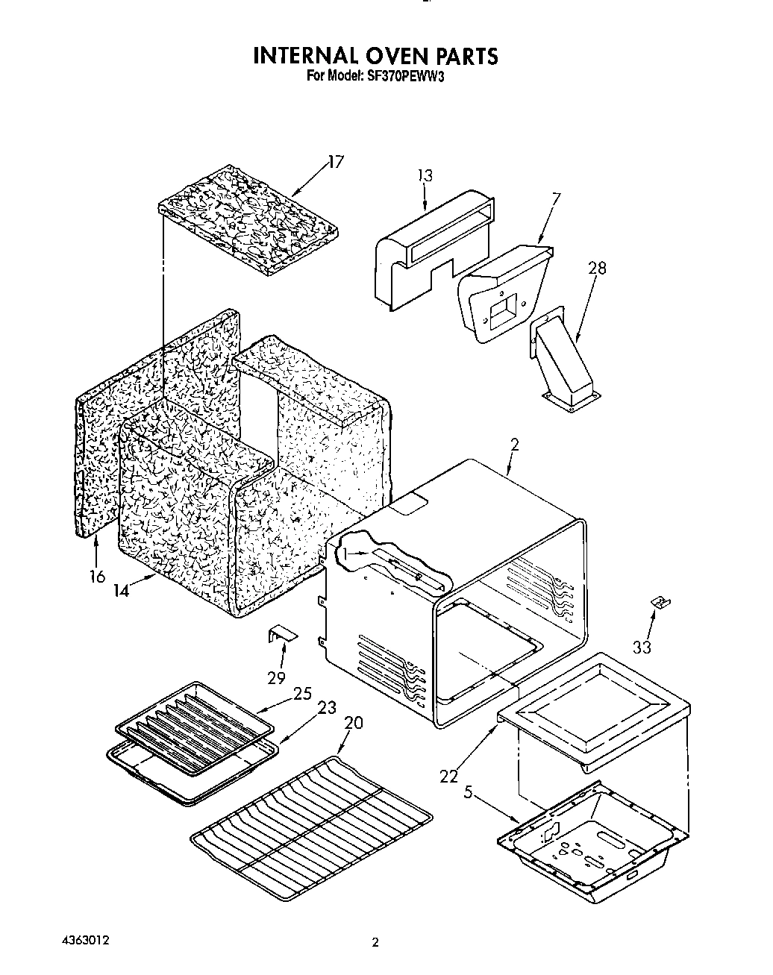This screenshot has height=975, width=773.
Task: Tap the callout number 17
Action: click(x=336, y=162)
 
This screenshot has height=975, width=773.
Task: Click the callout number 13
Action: click(x=425, y=176)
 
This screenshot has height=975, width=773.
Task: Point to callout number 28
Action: click(x=596, y=268)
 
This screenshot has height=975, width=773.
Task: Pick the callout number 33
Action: click(x=642, y=647)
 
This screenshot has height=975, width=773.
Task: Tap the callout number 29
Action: click(x=277, y=677)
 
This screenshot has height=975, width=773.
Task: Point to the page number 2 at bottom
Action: click(x=376, y=942)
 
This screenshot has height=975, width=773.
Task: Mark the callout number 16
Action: click(x=97, y=576)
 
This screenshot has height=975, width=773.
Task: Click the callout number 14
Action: click(x=122, y=589)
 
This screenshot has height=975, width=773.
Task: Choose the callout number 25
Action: click(x=301, y=693)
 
